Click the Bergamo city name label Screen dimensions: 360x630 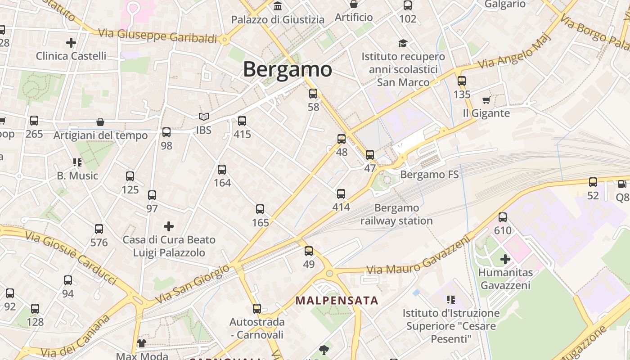tap(288, 69)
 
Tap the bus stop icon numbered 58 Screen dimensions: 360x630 tap(313, 94)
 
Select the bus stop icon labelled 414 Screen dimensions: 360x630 tap(341, 194)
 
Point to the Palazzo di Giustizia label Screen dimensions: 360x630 tap(278, 20)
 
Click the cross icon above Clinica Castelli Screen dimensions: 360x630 tap(71, 43)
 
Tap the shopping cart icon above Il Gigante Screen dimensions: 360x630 tap(486, 100)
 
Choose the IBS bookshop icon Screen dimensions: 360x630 tap(204, 117)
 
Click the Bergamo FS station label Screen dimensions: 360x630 tap(429, 174)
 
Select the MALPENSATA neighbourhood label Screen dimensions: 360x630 tap(337, 300)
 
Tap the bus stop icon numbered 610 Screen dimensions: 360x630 tap(503, 217)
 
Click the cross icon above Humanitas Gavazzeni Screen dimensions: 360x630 tap(505, 259)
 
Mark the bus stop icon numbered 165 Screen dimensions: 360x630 tap(260, 209)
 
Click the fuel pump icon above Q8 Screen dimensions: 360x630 tap(622, 184)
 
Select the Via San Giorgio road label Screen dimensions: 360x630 tap(195, 284)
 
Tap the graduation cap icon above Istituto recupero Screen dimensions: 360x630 tap(403, 43)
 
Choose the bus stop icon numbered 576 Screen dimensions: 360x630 tap(99, 229)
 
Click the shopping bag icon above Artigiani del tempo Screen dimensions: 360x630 tap(100, 122)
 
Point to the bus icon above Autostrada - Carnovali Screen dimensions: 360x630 tap(257, 309)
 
